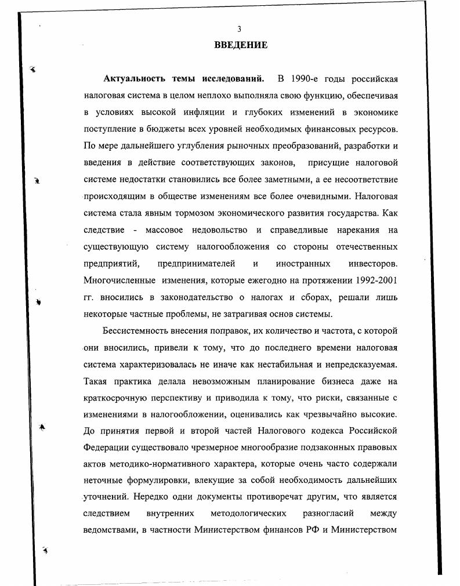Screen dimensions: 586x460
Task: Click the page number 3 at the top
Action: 239,30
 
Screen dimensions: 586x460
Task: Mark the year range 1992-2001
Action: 371,280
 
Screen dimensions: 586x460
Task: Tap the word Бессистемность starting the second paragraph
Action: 137,331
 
